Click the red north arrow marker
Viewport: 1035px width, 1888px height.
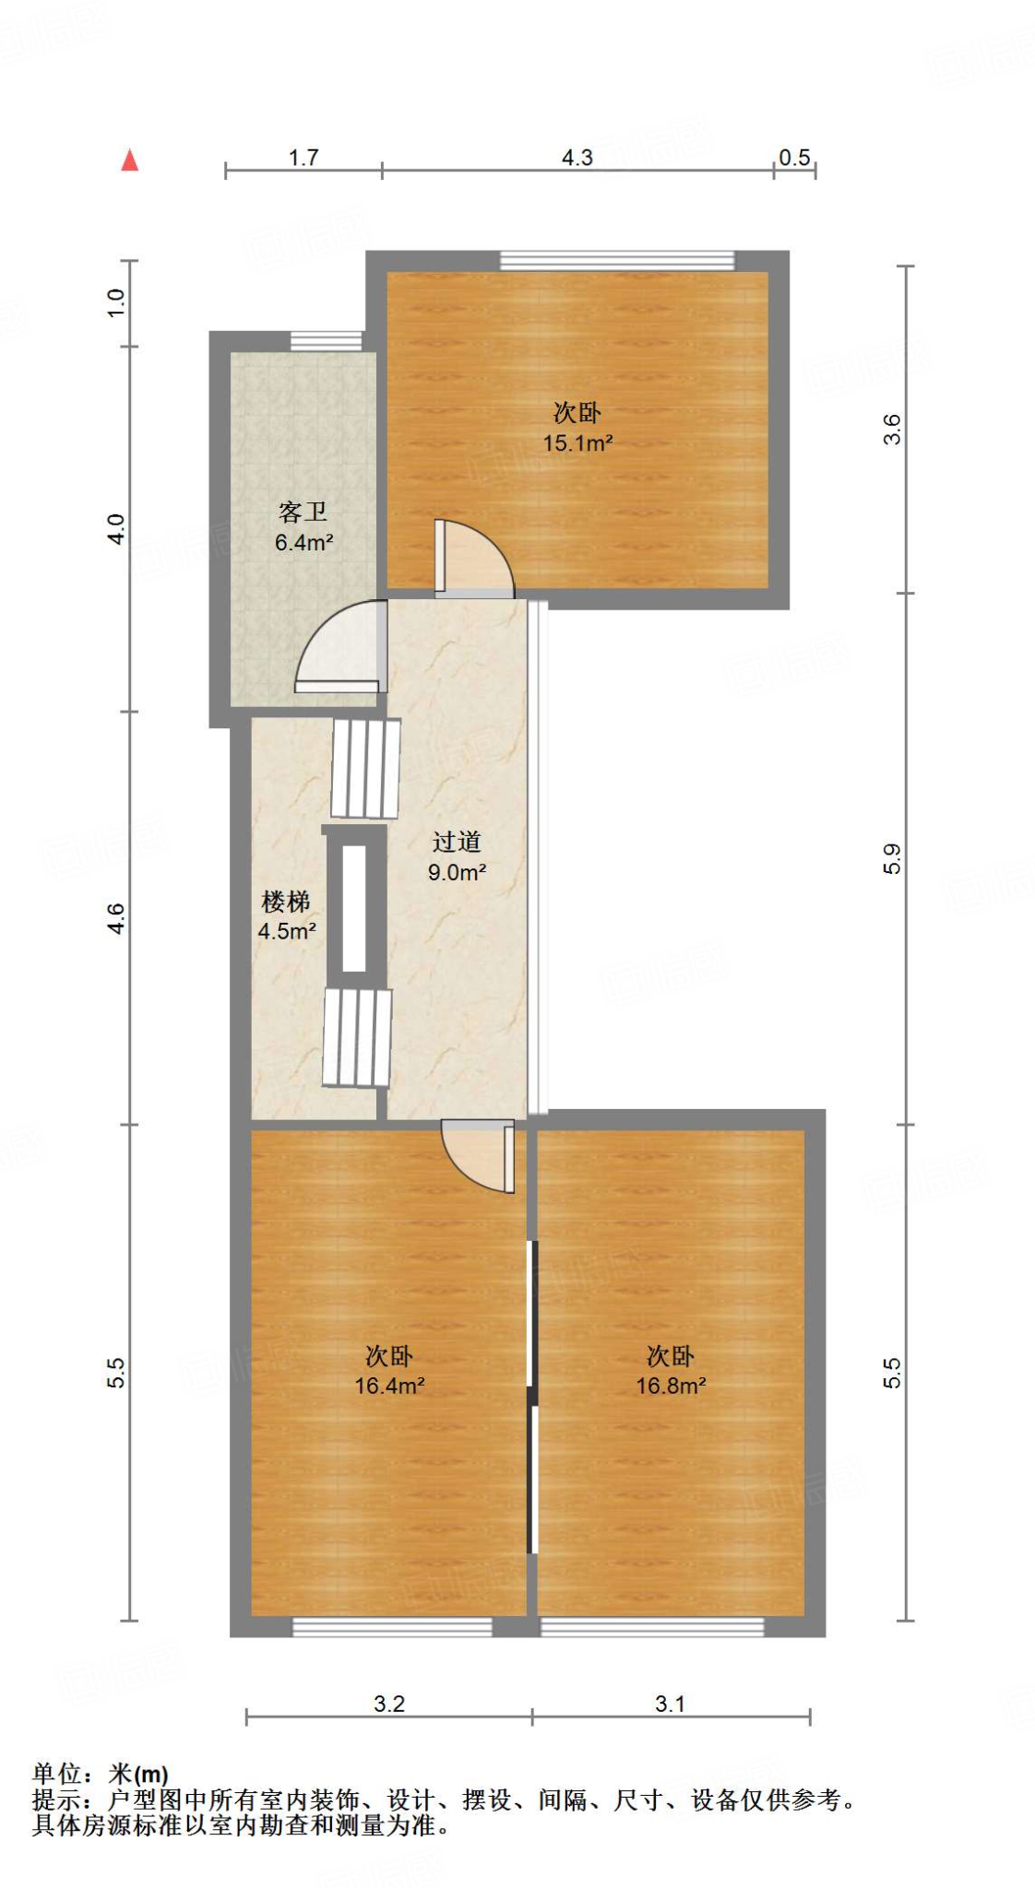tap(130, 160)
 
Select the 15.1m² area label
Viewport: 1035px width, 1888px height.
tap(577, 443)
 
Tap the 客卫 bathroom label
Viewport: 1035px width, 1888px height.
tap(303, 512)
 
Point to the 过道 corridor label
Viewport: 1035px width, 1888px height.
tap(457, 842)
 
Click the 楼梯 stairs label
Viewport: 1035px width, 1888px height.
tap(286, 902)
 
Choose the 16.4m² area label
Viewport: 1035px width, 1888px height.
tap(389, 1386)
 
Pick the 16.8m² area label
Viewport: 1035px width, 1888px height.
tap(671, 1386)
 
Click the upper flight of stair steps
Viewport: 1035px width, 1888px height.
tap(365, 769)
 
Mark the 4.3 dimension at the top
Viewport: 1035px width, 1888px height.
tap(577, 158)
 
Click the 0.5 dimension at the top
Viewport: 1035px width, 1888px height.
tap(794, 158)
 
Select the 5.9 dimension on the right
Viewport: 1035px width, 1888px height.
tap(891, 859)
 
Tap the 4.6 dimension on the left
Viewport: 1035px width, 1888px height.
tap(115, 918)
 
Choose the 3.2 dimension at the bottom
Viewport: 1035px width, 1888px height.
tap(389, 1704)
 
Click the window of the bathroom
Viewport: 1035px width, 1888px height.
tap(326, 341)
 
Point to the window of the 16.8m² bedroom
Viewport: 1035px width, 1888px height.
tap(651, 1627)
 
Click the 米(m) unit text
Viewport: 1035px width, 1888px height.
tap(138, 1774)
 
